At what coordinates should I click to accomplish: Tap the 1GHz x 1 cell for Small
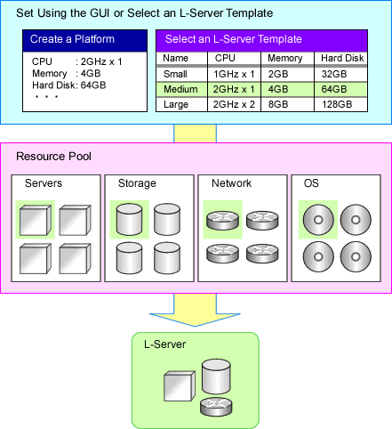234,74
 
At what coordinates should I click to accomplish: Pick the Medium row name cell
180,89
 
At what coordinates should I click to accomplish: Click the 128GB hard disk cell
337,104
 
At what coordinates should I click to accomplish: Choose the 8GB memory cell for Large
278,104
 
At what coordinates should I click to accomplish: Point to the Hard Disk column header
342,58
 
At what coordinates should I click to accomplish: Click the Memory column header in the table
285,59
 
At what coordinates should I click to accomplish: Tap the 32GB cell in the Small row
334,74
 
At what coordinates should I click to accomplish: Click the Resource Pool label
53,157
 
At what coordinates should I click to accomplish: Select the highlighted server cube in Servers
36,220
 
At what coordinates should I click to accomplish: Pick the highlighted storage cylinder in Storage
129,219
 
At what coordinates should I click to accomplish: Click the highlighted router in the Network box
222,220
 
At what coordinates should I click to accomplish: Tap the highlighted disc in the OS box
318,220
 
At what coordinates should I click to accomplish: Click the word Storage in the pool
137,183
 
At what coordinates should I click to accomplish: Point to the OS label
311,183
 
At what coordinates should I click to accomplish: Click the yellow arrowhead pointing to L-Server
195,320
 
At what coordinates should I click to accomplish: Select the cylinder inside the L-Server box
216,376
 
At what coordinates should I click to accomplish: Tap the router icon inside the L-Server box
216,407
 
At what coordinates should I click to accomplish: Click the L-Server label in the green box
164,344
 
